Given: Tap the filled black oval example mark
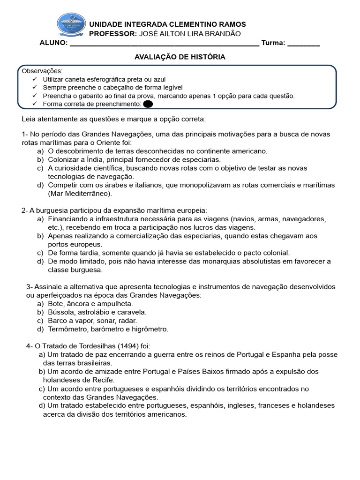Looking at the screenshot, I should (148, 104).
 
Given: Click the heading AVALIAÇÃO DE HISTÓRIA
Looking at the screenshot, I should (180, 57).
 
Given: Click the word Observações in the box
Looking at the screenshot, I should (42, 71).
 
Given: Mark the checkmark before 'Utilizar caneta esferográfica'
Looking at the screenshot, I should (35, 79).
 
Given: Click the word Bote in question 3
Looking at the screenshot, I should (55, 304).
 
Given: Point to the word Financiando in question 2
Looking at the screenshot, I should (67, 218).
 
